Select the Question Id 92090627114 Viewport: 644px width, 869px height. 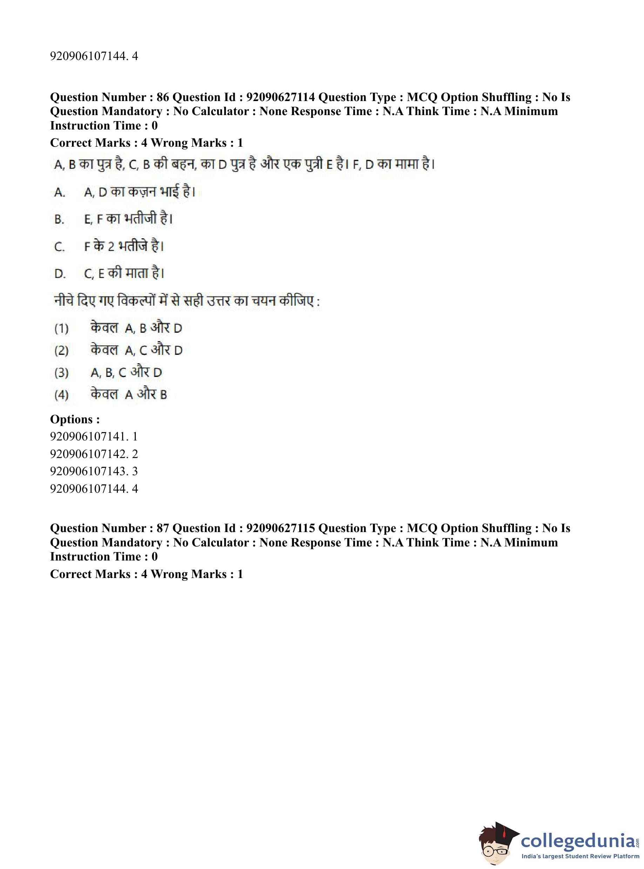[x=281, y=97]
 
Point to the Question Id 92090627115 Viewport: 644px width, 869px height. [x=281, y=528]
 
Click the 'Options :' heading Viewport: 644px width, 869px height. [x=75, y=419]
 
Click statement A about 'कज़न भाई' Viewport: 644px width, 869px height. [x=139, y=192]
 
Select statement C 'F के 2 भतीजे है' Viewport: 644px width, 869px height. [x=123, y=246]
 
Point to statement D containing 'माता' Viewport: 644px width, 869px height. [x=124, y=274]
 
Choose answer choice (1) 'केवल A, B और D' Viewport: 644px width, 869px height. [x=136, y=328]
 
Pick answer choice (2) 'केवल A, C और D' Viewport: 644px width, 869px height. [x=136, y=350]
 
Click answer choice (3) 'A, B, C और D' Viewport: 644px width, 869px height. [x=126, y=373]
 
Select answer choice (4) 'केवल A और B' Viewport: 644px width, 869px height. [x=129, y=395]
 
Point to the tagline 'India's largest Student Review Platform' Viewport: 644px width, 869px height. [x=580, y=856]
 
